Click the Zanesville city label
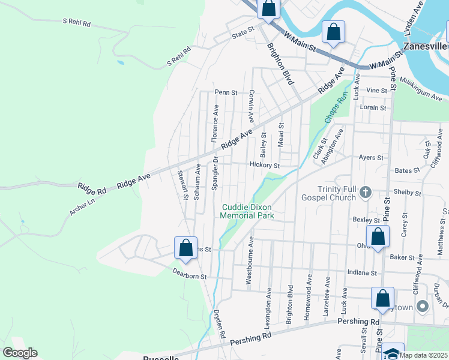coord(426,46)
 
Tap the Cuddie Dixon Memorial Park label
coord(247,211)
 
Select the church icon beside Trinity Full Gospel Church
coord(366,193)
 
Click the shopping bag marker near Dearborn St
coord(186,248)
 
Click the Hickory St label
coord(265,165)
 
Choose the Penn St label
coord(227,93)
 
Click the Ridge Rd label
coord(92,188)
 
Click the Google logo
coord(20,353)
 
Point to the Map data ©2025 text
coord(423,355)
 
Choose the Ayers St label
coord(370,158)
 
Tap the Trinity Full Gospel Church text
coord(329,193)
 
